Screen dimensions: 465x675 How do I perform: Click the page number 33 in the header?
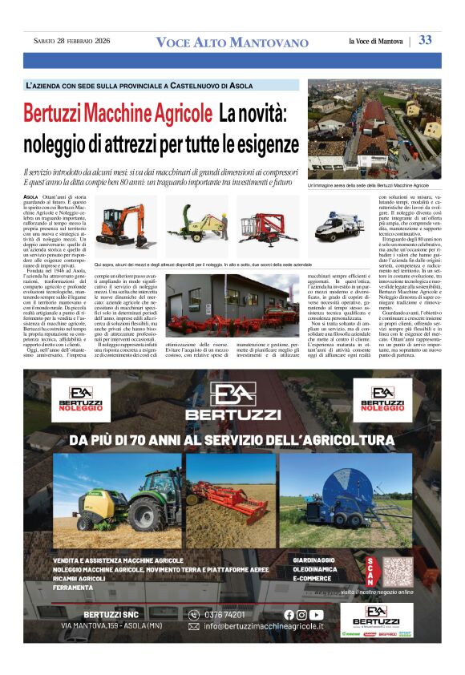pyautogui.click(x=425, y=40)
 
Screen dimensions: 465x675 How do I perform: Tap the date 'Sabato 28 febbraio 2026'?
pyautogui.click(x=71, y=41)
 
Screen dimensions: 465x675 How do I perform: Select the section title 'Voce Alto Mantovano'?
pyautogui.click(x=232, y=42)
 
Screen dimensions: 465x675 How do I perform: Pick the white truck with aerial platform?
pyautogui.click(x=340, y=226)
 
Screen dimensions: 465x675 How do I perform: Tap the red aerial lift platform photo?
pyautogui.click(x=268, y=227)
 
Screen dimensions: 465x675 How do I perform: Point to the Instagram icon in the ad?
pyautogui.click(x=301, y=615)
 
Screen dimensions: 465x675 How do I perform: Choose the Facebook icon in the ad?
pyautogui.click(x=289, y=615)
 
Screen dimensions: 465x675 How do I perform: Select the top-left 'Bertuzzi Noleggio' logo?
pyautogui.click(x=81, y=398)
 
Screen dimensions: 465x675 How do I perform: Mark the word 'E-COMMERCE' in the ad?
pyautogui.click(x=313, y=577)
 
